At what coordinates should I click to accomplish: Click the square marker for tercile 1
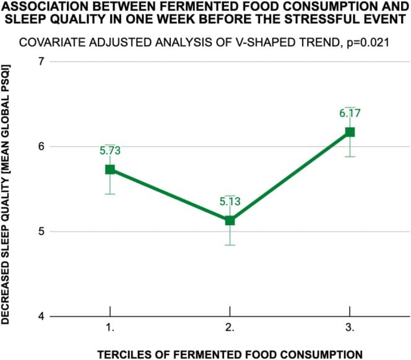click(110, 169)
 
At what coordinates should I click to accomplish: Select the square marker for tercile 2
click(230, 220)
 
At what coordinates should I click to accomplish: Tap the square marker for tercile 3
click(350, 132)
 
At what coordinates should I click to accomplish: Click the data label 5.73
click(110, 150)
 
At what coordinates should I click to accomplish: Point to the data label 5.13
click(230, 201)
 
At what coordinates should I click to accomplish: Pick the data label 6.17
click(350, 113)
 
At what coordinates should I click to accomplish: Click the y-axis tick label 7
click(41, 62)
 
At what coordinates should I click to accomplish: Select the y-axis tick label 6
click(41, 147)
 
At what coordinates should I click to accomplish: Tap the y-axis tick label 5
click(41, 231)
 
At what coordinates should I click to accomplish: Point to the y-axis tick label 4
click(41, 316)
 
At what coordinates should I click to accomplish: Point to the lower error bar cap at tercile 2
click(230, 245)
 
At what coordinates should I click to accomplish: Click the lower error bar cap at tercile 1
click(110, 194)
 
